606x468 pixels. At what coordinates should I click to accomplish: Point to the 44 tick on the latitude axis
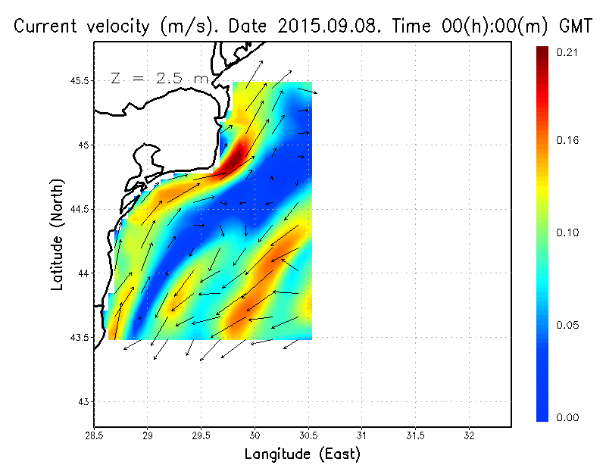94,273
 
